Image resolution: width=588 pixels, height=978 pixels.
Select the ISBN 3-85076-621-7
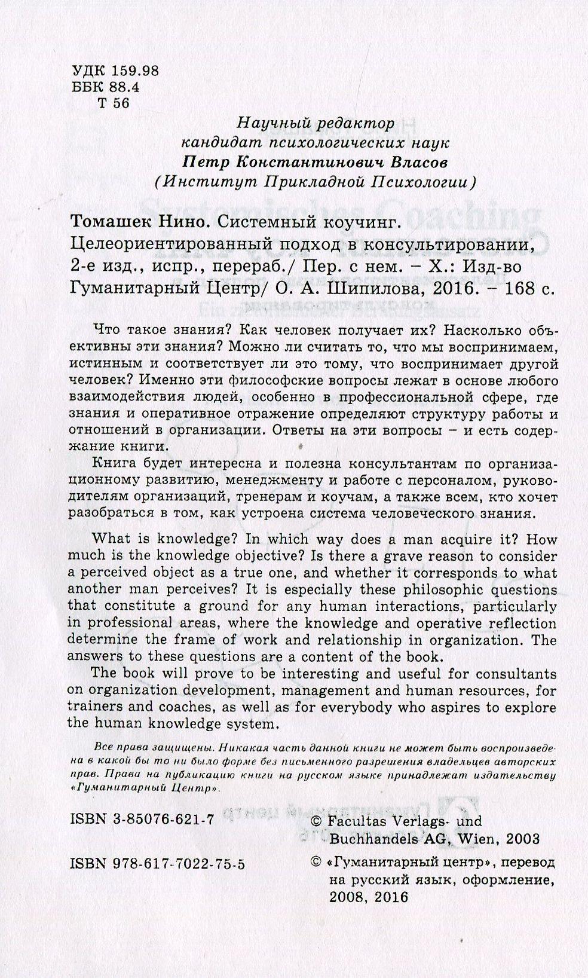coord(142,821)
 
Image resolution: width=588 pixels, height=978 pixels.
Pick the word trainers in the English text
coord(93,707)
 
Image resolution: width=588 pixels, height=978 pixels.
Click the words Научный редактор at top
coord(316,124)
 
